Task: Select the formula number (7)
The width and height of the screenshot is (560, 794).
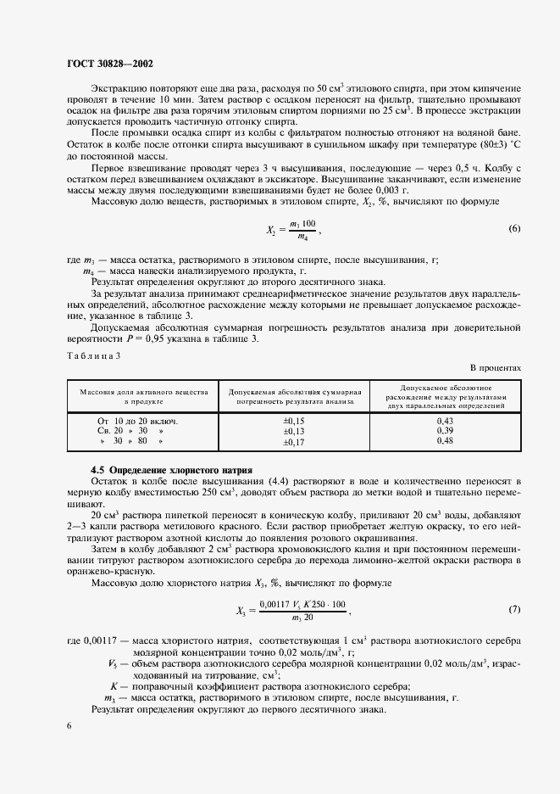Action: [513, 609]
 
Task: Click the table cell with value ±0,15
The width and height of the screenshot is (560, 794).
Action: [294, 421]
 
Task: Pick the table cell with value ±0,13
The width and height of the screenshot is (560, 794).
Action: [294, 431]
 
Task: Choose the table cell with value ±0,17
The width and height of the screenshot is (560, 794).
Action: [294, 441]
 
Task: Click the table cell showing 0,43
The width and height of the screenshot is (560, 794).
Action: [445, 421]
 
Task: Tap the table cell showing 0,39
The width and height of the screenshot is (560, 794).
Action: [445, 431]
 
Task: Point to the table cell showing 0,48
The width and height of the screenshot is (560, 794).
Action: [445, 441]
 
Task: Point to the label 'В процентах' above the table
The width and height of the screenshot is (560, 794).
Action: [496, 367]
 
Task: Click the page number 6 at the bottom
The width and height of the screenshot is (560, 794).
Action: [69, 726]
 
